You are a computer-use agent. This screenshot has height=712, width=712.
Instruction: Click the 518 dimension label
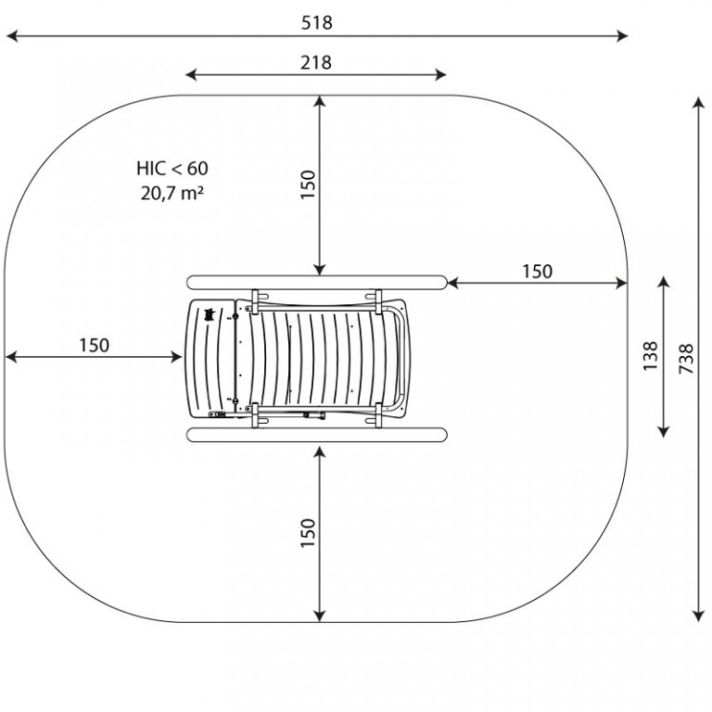316,22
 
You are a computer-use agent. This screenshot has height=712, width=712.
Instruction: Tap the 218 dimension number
315,62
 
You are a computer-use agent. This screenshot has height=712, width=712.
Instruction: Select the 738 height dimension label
686,359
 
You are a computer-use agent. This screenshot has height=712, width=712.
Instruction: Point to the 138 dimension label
650,356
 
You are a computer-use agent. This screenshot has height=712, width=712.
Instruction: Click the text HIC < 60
172,169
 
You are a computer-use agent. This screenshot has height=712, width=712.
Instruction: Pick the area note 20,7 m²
172,194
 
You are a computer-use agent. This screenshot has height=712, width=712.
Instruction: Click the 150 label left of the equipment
94,346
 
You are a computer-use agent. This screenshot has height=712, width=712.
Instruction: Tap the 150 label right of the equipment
537,272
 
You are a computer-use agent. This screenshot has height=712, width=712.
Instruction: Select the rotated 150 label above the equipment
308,184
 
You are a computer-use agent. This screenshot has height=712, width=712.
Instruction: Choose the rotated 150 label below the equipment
308,533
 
